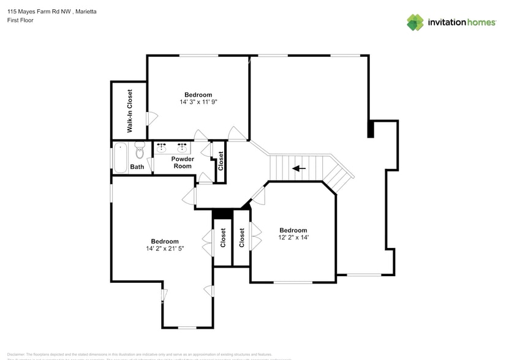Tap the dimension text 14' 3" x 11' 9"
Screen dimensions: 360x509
coord(198,102)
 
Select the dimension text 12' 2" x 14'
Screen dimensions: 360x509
coord(293,238)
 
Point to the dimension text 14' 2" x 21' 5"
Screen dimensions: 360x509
coord(165,249)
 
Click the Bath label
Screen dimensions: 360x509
coord(137,167)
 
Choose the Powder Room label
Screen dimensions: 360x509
coord(183,162)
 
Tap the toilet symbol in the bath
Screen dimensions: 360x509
coord(139,148)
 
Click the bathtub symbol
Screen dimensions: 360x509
coord(120,158)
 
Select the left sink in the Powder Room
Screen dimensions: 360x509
coord(162,148)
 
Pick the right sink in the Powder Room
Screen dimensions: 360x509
coord(182,148)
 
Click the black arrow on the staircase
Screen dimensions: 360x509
coord(299,168)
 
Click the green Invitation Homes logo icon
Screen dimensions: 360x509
coord(415,22)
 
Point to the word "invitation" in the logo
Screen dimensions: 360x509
coord(447,23)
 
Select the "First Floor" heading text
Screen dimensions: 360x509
coord(20,20)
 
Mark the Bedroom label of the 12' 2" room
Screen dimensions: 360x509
coord(293,230)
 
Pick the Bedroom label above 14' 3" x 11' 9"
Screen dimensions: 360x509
coord(198,95)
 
